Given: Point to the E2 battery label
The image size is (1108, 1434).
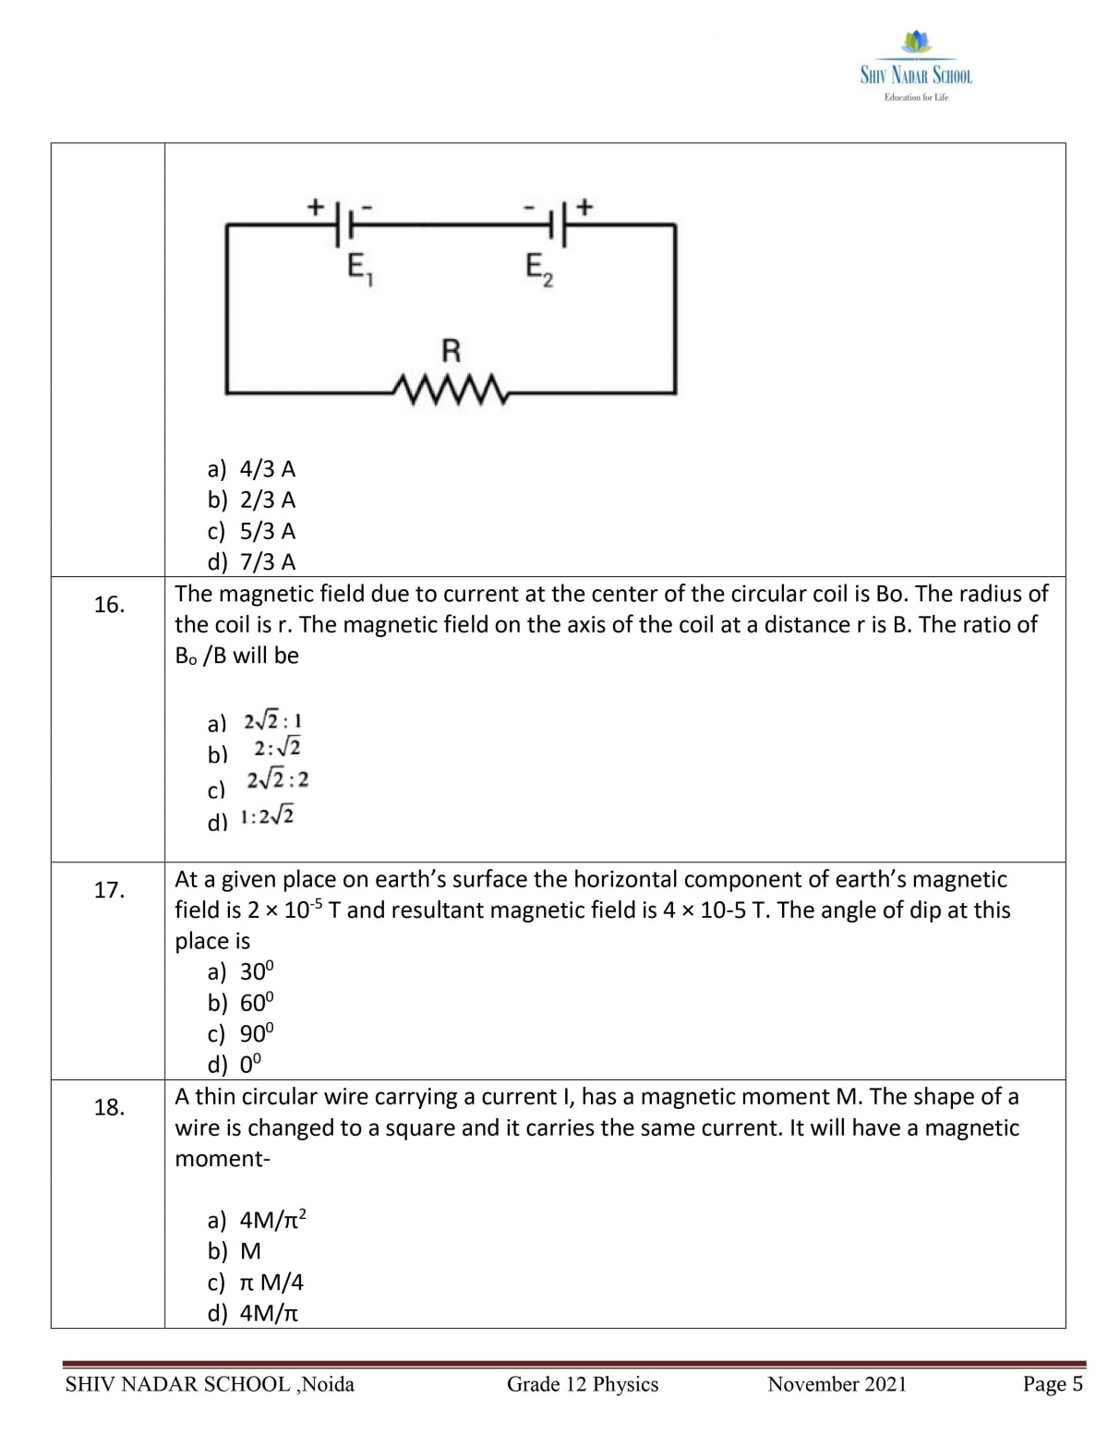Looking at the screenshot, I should coord(539,270).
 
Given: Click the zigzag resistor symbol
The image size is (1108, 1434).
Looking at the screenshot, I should coord(451,389).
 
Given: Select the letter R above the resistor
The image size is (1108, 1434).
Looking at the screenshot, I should coord(451,351).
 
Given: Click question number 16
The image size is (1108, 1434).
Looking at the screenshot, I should coord(109,605).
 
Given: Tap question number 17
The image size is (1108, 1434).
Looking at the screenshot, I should coord(109,890).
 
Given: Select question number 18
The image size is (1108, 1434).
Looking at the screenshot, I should coord(109,1107).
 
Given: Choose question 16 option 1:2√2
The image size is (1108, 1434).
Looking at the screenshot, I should coord(267,817).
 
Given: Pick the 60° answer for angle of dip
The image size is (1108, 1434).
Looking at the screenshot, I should coord(256,1003).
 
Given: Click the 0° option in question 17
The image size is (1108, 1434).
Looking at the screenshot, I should coord(250,1065).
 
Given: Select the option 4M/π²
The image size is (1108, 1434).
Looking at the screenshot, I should coord(272,1220).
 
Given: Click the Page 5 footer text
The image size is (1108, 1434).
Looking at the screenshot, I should coord(1052,1384).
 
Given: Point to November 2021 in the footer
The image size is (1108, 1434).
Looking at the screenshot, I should coord(837,1384).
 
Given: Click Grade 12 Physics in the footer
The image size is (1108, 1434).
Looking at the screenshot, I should coord(582,1384).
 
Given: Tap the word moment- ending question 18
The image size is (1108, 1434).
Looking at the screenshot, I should coord(223,1159).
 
